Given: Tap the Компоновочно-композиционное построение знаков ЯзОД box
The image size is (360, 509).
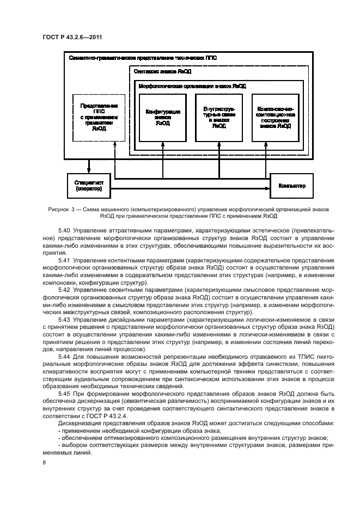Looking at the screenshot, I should [x=275, y=116].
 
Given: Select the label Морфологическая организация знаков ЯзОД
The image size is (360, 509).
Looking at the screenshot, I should [x=192, y=86].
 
